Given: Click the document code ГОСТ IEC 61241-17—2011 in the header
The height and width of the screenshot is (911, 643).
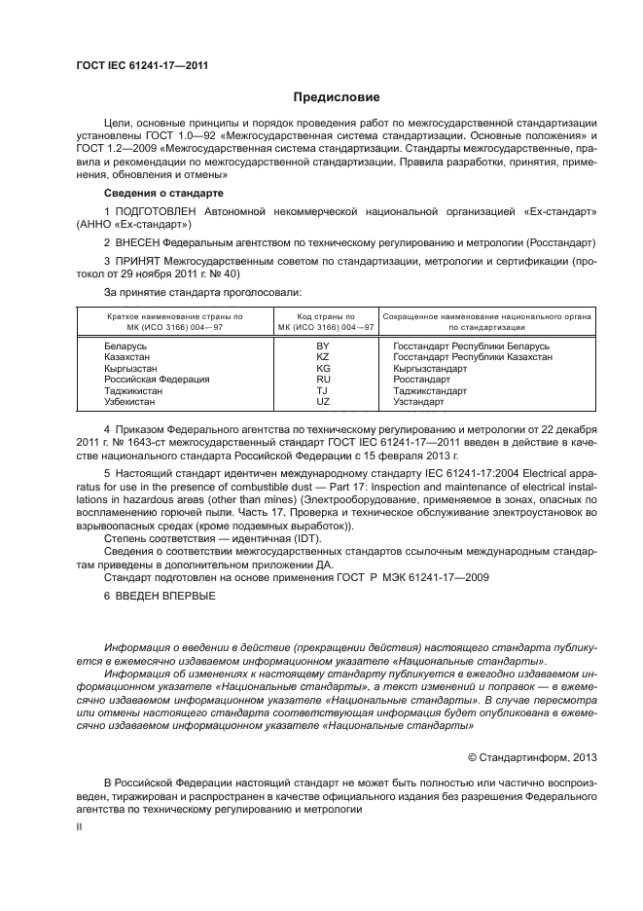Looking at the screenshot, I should (143, 66).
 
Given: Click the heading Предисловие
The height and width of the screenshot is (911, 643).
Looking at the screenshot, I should (337, 97).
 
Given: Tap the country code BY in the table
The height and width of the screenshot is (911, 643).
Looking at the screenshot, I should (323, 346).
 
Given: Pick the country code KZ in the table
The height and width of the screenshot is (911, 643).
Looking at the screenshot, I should (323, 357).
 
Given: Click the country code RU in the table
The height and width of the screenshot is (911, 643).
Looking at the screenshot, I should (323, 380).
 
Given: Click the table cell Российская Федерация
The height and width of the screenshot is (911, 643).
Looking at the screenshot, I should (150, 380).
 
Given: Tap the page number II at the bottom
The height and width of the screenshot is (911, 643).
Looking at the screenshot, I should (80, 825).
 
